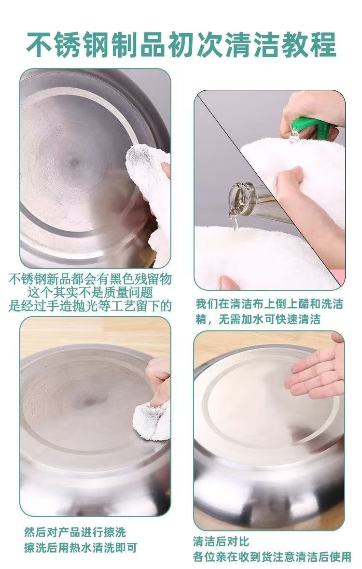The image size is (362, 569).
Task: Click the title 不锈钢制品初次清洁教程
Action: (x=181, y=44)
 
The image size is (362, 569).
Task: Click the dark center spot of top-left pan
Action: (x=74, y=163)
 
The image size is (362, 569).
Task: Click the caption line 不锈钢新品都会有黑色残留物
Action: (x=90, y=279)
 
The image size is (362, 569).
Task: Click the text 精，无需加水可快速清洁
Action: (x=258, y=319)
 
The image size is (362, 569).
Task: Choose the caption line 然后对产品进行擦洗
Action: (x=75, y=532)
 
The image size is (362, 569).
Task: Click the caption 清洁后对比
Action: (x=221, y=542)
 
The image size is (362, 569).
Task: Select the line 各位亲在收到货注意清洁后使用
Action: (x=272, y=556)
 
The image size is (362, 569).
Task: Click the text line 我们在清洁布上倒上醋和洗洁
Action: (x=269, y=304)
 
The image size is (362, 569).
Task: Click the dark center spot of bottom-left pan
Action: (x=89, y=401)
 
